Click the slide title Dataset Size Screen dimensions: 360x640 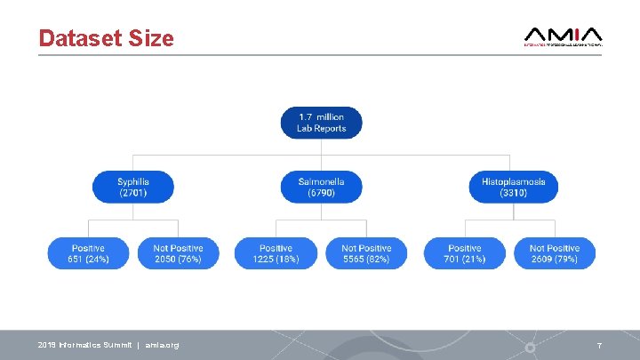(106, 38)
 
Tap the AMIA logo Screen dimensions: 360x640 (564, 36)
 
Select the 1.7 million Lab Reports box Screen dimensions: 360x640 (321, 123)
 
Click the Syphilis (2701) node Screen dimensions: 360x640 (132, 187)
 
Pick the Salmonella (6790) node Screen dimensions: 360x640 (321, 187)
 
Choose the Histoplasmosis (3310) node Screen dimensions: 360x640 (513, 187)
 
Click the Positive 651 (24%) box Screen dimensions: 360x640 (88, 253)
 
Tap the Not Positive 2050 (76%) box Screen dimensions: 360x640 (178, 253)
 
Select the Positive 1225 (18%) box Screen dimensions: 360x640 (276, 253)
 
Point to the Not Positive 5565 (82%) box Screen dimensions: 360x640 (366, 253)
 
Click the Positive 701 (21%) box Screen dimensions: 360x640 (465, 253)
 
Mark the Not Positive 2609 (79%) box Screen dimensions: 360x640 (555, 253)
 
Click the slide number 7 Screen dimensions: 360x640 (599, 345)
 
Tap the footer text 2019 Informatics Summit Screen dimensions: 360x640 (84, 345)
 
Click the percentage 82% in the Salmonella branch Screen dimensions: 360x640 (380, 260)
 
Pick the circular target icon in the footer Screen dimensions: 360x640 (530, 346)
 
